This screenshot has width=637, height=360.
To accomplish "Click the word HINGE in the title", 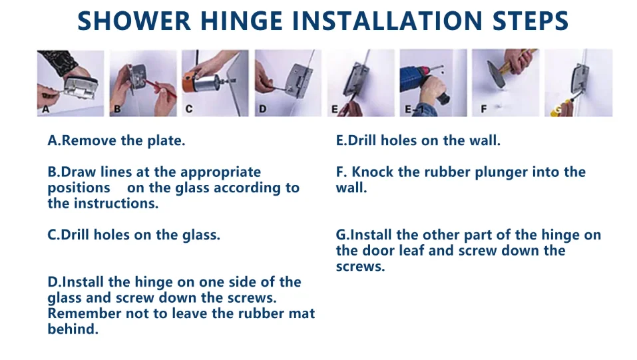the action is [242, 21].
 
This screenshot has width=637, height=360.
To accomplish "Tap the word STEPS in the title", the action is [530, 21].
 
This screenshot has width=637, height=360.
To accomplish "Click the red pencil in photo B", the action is [161, 89].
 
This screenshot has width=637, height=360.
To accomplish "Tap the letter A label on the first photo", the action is [45, 109].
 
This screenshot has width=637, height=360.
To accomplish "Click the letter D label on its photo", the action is [262, 109].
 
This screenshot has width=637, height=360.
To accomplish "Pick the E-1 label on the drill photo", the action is [411, 109].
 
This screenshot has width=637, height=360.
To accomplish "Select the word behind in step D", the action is [73, 329].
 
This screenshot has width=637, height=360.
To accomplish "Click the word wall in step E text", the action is [485, 140].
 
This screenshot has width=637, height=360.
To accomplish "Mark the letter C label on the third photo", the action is [189, 109].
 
